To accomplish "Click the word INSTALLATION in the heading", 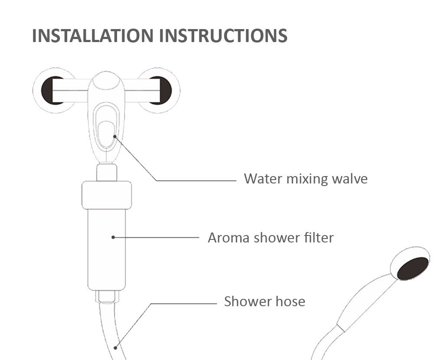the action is coord(93,36).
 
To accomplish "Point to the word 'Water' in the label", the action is coord(263,179).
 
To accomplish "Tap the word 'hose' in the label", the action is coord(289,301).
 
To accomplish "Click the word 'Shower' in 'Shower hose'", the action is coord(246,301).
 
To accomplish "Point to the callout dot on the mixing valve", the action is coord(115,136).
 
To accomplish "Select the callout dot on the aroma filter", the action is coord(113,237).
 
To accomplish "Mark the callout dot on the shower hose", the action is coord(115,348).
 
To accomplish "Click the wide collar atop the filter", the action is coord(107,195).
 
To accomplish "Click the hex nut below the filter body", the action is coord(107,297).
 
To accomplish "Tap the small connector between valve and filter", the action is coord(107,173).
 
